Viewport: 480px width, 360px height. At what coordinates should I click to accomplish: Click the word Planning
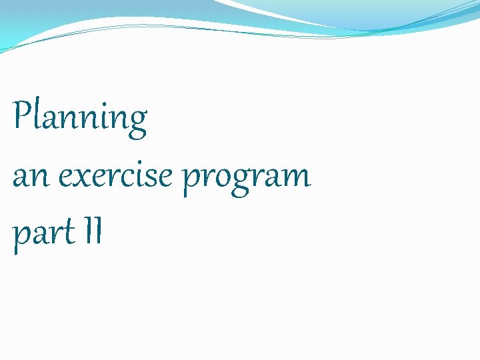pos(80,118)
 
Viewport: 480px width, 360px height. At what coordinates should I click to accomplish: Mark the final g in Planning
pos(137,122)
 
